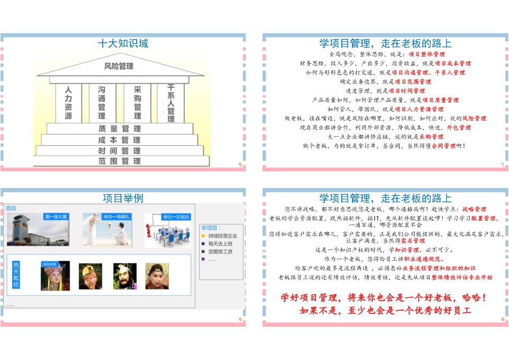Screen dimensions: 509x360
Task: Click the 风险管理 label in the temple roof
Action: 118,66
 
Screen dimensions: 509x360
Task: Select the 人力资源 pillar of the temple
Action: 68,103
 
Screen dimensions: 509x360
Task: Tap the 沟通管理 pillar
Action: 102,103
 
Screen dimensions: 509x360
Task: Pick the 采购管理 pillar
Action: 138,103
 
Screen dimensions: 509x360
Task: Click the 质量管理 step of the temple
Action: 119,129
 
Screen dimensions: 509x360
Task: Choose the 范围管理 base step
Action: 119,161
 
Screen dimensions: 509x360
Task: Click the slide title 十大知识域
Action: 123,44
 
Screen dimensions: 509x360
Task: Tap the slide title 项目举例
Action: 123,198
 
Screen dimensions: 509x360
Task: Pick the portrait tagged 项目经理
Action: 55,276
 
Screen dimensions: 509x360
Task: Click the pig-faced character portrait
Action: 157,276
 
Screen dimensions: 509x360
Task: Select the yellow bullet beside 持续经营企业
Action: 203,236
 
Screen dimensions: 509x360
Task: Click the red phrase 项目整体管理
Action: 426,54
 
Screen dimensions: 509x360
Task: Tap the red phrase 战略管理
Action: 474,209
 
